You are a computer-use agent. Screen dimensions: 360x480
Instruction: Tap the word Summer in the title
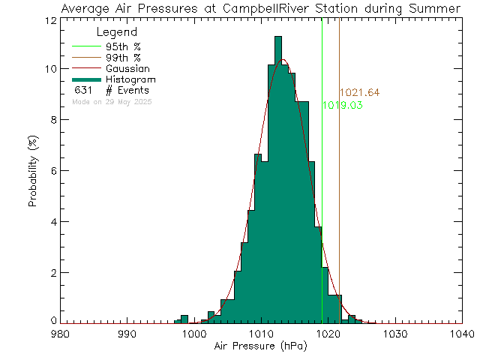pyautogui.click(x=437, y=8)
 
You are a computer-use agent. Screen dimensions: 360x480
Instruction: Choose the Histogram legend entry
pyautogui.click(x=128, y=79)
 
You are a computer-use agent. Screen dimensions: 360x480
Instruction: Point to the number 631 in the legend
pyautogui.click(x=82, y=90)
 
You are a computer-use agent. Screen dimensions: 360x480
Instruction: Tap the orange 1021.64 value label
pyautogui.click(x=359, y=93)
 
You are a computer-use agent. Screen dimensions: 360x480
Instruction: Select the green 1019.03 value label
pyautogui.click(x=343, y=106)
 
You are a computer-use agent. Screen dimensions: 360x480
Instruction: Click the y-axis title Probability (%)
pyautogui.click(x=34, y=170)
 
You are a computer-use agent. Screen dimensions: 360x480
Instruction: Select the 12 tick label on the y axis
pyautogui.click(x=49, y=19)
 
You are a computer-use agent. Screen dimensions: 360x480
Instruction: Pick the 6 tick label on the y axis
pyautogui.click(x=52, y=171)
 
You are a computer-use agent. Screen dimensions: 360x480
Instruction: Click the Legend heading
pyautogui.click(x=117, y=33)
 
